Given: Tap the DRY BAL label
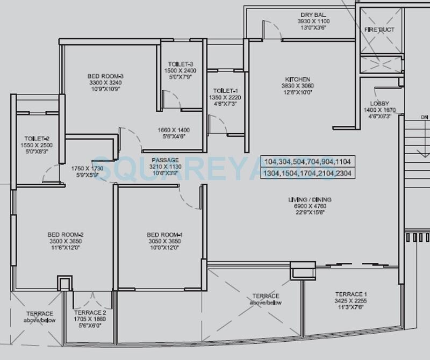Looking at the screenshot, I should (x=314, y=15).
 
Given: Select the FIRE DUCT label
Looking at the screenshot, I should (x=379, y=30).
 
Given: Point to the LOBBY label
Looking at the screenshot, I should (x=379, y=104).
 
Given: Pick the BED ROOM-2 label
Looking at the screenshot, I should (x=65, y=235).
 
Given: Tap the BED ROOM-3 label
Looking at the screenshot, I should (x=106, y=76).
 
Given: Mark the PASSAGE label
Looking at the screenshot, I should (x=165, y=160).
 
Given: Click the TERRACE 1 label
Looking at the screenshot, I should (x=351, y=294).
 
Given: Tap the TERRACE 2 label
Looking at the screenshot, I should (x=90, y=312).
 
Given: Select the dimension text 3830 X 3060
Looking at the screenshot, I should (x=299, y=86).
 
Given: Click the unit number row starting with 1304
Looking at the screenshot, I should (x=308, y=173).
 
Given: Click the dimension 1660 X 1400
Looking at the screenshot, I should (x=173, y=130).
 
